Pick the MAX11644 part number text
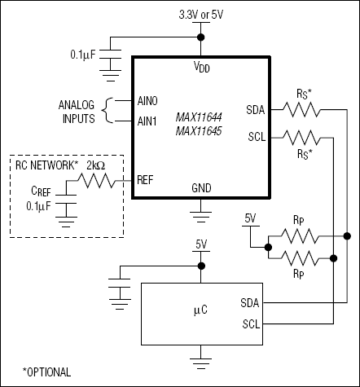[x=201, y=117]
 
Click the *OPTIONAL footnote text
[x=47, y=371]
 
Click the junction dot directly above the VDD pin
[x=200, y=37]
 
